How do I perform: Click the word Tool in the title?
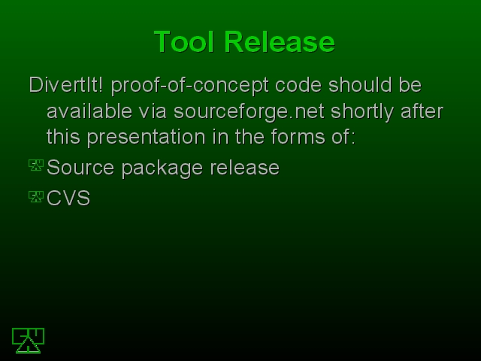pos(183,42)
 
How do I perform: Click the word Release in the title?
pos(280,42)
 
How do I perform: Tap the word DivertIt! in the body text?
pos(66,84)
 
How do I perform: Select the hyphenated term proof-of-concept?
pos(189,86)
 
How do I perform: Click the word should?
pos(360,84)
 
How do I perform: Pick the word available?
pos(89,111)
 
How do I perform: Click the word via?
pos(153,111)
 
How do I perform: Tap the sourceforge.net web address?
pos(249,112)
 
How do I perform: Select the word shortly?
pos(362,112)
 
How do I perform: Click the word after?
pos(422,111)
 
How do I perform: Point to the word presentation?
pos(146,138)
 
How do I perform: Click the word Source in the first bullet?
pos(80,167)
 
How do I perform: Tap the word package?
pos(162,168)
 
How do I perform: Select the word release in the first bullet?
pos(244,167)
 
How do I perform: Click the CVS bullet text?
pos(68,198)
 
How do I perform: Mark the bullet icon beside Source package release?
pos(36,165)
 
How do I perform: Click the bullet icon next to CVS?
pos(36,197)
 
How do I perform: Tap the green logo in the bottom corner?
pos(29,341)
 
